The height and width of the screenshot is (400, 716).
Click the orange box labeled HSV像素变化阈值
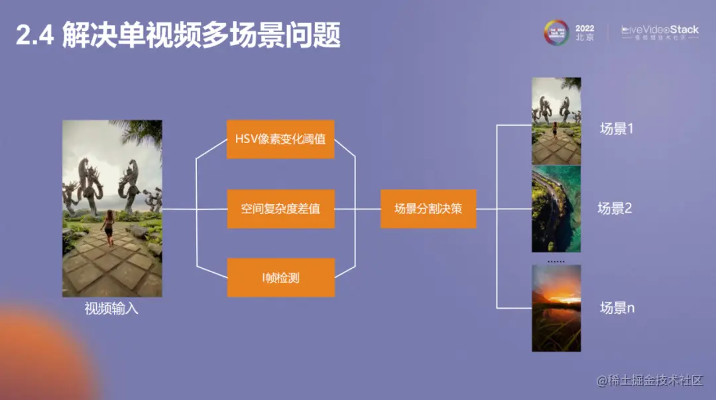(280, 140)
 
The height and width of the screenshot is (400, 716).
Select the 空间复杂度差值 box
(280, 209)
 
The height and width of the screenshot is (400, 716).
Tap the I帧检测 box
(280, 277)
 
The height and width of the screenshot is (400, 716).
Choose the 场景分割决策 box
(428, 209)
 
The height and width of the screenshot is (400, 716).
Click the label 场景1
(617, 129)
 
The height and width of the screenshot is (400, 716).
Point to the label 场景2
(615, 209)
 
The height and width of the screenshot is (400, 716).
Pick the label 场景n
(617, 308)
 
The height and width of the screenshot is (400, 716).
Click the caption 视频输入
(111, 309)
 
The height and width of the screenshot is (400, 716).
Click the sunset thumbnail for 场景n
(556, 308)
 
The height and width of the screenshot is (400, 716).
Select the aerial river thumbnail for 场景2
(556, 209)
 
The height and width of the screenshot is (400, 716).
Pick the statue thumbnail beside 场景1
(556, 121)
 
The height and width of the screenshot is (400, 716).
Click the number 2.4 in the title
(34, 36)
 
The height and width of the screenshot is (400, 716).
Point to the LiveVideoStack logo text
(660, 30)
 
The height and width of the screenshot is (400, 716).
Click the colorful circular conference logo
(557, 32)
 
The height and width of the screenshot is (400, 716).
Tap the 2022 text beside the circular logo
(585, 28)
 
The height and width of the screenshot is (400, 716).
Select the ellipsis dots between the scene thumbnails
(556, 262)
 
